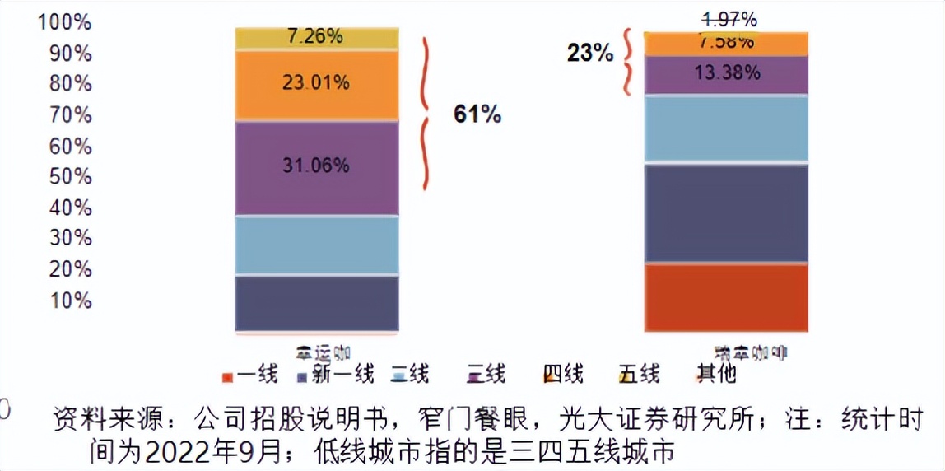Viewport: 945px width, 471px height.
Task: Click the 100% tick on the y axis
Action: click(64, 22)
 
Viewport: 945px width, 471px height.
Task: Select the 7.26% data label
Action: click(315, 37)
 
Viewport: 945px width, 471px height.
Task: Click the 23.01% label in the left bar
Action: click(315, 82)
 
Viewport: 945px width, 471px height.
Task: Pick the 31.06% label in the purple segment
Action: click(315, 166)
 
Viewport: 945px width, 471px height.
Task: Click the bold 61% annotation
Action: click(477, 114)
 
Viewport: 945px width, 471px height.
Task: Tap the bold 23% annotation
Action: click(589, 54)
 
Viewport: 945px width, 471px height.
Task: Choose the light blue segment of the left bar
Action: click(317, 245)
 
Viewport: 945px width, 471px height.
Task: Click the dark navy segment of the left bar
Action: click(317, 303)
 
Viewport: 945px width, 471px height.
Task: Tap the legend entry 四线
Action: click(563, 375)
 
